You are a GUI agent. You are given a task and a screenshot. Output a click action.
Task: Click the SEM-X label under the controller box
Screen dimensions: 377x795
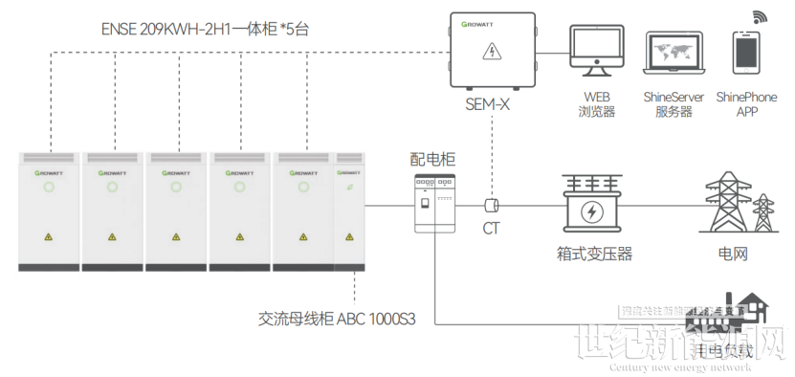click(487, 103)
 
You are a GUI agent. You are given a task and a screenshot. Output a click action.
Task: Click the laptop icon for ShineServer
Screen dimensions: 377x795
click(674, 54)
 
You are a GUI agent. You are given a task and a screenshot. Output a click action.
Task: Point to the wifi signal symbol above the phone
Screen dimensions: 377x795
click(761, 17)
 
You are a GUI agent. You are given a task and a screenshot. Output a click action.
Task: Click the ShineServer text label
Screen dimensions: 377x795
click(674, 98)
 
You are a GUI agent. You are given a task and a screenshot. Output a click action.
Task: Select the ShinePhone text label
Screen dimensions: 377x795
click(746, 98)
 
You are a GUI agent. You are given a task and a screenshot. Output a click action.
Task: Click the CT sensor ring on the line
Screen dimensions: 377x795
click(494, 205)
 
